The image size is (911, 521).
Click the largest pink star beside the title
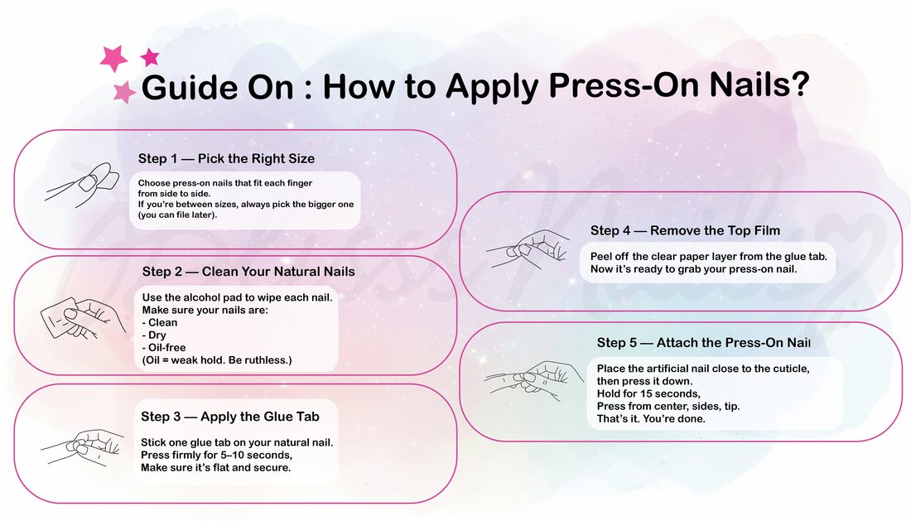[x=114, y=58]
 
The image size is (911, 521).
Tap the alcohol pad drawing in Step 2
[x=58, y=317]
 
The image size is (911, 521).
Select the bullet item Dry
[x=154, y=335]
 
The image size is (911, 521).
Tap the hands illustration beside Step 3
[x=83, y=448]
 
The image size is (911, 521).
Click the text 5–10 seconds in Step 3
[x=256, y=455]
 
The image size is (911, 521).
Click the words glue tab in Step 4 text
[x=802, y=256]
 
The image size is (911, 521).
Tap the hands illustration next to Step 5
[x=534, y=380]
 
